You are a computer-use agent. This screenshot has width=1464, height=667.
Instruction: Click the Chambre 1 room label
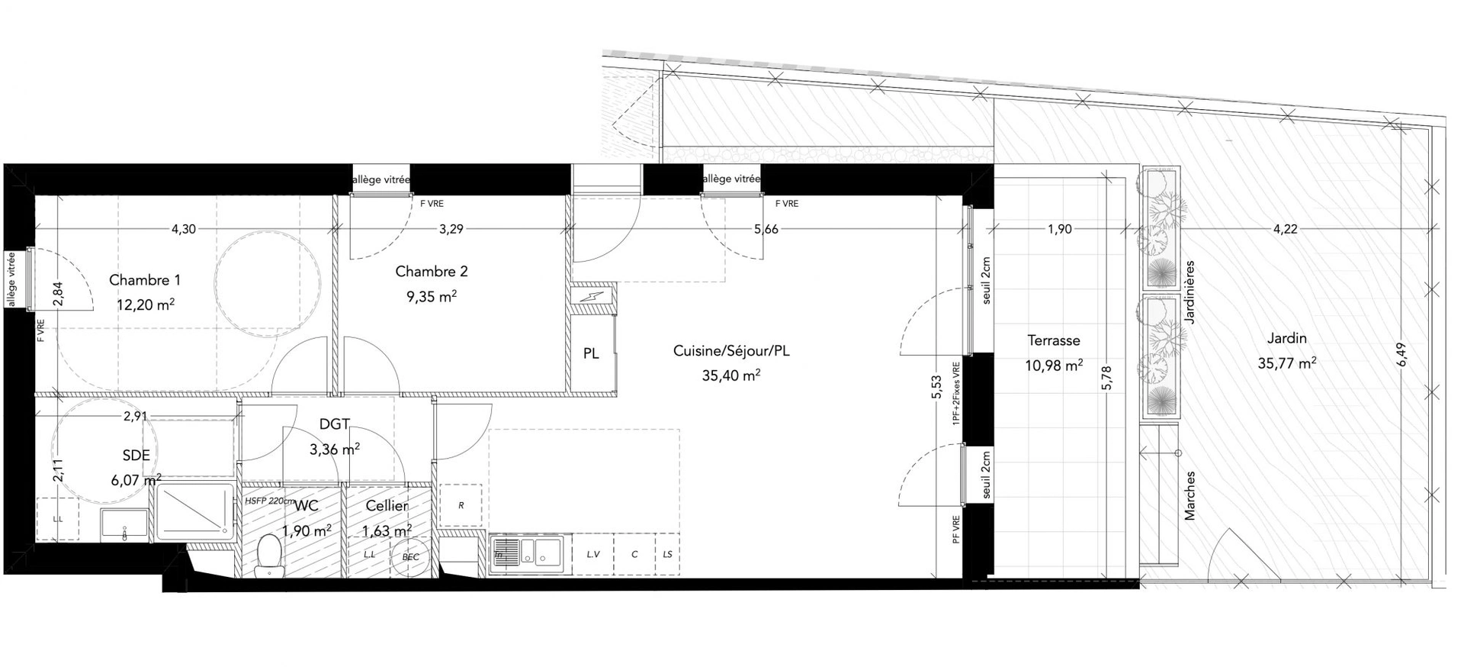click(x=145, y=280)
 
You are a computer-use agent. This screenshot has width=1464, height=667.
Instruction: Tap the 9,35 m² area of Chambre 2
click(x=432, y=296)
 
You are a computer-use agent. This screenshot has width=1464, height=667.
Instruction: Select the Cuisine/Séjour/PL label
click(x=731, y=351)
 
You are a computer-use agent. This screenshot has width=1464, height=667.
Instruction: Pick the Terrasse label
click(x=1054, y=341)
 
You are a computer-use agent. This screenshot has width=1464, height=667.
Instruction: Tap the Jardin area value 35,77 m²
click(x=1287, y=363)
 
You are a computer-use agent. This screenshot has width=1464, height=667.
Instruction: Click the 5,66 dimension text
click(x=766, y=229)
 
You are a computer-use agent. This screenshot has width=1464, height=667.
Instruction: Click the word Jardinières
click(x=1191, y=292)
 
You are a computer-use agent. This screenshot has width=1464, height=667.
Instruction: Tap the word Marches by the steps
click(x=1190, y=495)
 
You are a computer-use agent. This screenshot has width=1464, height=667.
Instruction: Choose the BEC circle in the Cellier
click(x=410, y=557)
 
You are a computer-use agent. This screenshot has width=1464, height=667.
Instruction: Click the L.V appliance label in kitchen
click(x=593, y=554)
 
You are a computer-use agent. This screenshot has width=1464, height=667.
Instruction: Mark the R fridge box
click(x=461, y=505)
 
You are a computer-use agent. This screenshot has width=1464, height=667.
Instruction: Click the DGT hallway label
click(x=335, y=425)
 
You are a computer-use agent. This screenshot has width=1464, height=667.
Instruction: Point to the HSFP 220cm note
click(x=269, y=501)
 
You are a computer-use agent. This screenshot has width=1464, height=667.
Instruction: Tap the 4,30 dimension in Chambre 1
click(x=183, y=229)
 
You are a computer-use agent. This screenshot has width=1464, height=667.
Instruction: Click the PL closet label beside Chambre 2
click(x=591, y=353)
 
